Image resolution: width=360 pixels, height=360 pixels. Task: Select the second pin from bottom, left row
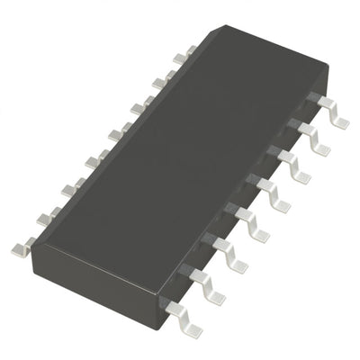point(46,216)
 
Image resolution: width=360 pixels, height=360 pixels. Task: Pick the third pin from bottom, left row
point(70,189)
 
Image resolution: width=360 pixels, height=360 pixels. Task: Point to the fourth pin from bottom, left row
point(94,162)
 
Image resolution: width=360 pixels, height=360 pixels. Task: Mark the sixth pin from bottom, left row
point(139,109)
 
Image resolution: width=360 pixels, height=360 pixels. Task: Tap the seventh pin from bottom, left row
point(162,83)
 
